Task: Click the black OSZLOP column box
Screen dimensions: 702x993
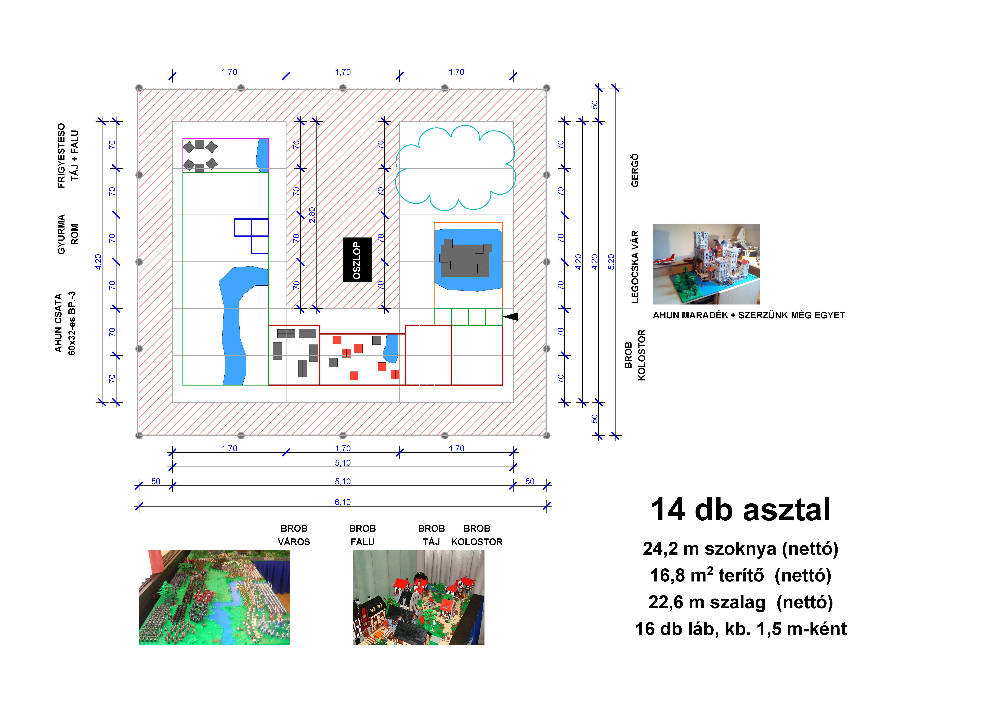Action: [357, 260]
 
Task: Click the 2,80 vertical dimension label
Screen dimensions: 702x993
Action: [312, 215]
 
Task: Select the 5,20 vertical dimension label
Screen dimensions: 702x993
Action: [611, 262]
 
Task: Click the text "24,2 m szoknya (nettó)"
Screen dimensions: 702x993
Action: [740, 549]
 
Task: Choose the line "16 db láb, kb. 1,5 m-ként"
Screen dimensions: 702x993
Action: [740, 629]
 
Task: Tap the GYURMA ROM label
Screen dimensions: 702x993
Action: [68, 234]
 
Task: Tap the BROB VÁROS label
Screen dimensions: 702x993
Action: [294, 535]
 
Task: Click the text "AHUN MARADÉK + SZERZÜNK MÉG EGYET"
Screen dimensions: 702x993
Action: [749, 315]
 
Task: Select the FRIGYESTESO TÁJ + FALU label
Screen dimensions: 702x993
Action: [68, 156]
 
